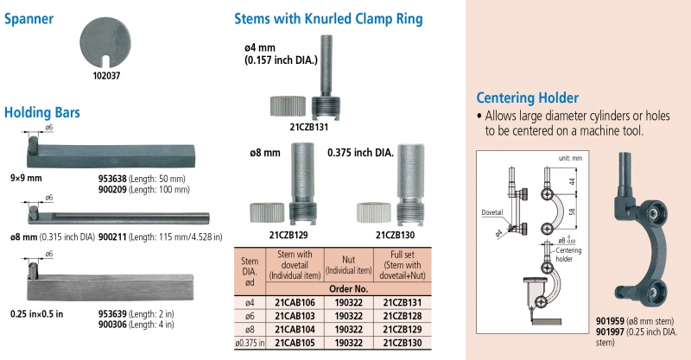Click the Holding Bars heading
pos(42,112)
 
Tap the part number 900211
pos(113,236)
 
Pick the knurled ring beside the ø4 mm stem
pos(285,109)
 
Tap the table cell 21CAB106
pos(294,302)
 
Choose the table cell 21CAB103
pos(294,316)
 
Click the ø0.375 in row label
pos(250,342)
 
